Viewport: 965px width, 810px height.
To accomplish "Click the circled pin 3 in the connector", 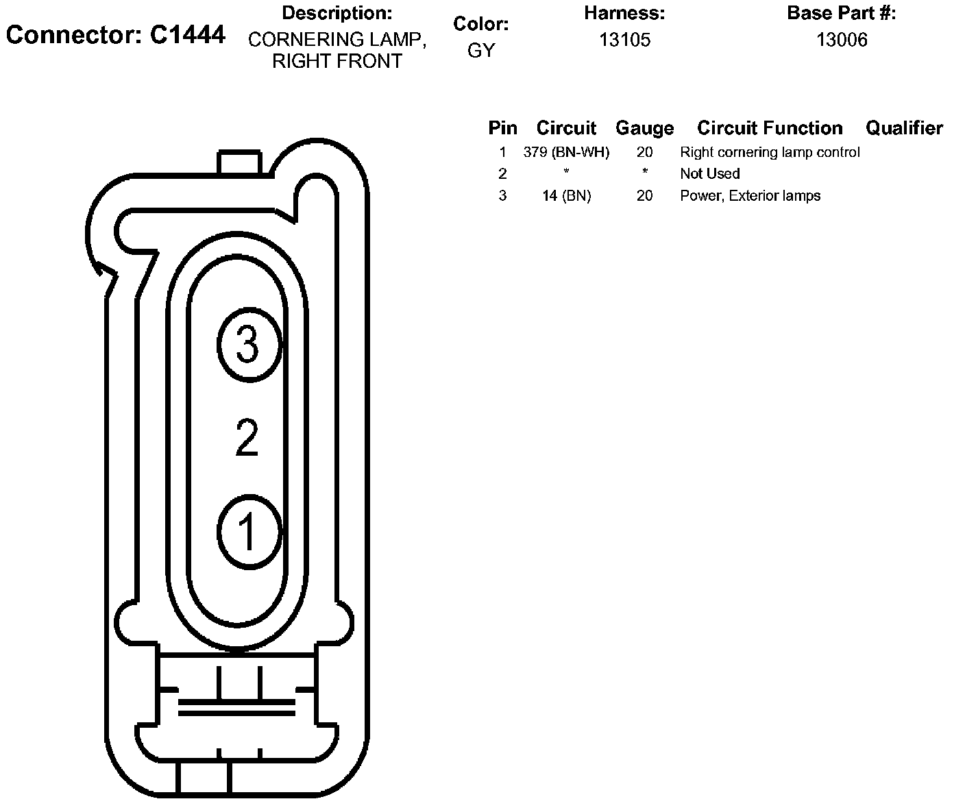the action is tap(249, 345).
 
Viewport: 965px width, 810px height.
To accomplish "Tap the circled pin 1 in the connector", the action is tap(249, 532).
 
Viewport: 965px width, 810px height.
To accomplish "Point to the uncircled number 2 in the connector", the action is tap(247, 437).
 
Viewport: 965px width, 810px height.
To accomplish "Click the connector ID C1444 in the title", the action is tap(188, 35).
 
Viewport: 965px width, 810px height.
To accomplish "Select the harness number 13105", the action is tap(624, 40).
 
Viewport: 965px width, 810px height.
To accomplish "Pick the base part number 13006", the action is tap(842, 40).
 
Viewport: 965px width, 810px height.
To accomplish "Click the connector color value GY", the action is tap(481, 50).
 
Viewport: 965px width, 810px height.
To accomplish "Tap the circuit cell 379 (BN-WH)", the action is tap(566, 152).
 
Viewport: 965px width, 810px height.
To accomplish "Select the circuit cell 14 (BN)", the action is tap(567, 196).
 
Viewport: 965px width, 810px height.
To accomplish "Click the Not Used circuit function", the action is tap(710, 174).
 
